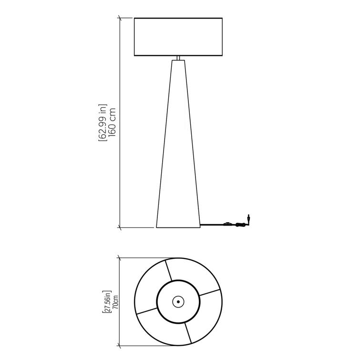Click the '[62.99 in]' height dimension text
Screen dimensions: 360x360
(103, 122)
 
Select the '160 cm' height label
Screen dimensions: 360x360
(113, 122)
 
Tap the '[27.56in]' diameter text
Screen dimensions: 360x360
(107, 301)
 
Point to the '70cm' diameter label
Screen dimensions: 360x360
(114, 301)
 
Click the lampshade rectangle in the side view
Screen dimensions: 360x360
(178, 37)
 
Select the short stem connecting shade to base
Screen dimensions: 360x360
(178, 58)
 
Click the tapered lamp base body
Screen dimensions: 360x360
(178, 157)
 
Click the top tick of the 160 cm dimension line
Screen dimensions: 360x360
(119, 18)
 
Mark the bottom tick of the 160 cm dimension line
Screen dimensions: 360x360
(119, 227)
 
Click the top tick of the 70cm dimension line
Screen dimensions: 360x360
(119, 258)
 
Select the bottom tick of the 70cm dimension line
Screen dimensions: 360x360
(119, 345)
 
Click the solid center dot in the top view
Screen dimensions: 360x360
(178, 301)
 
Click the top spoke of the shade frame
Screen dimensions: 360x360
(168, 270)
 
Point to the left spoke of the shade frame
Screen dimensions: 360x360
(146, 310)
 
